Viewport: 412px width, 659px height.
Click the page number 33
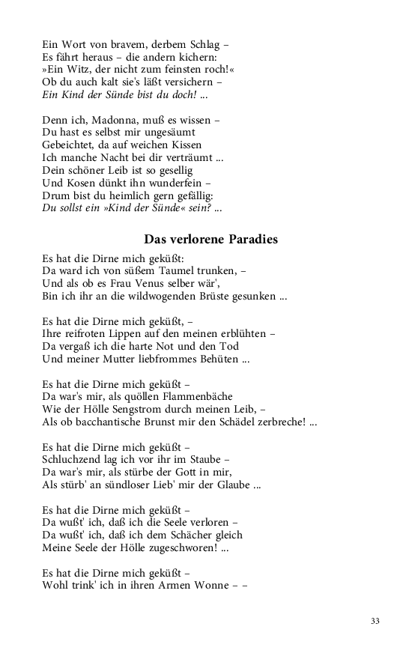(x=375, y=621)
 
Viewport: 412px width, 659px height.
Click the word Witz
(x=76, y=69)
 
